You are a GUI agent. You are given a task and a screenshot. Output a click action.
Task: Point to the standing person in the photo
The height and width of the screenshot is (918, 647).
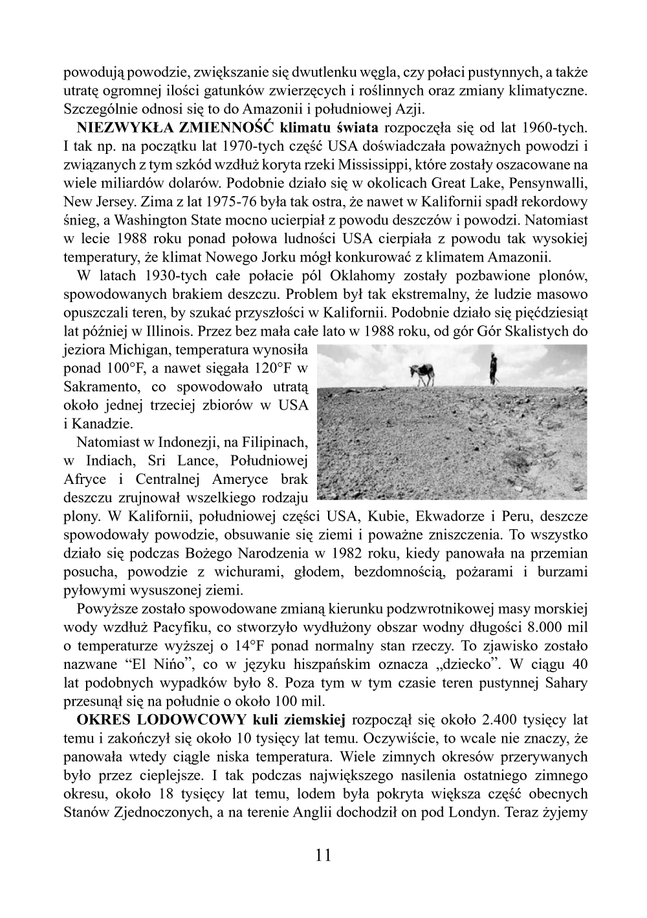(x=493, y=368)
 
